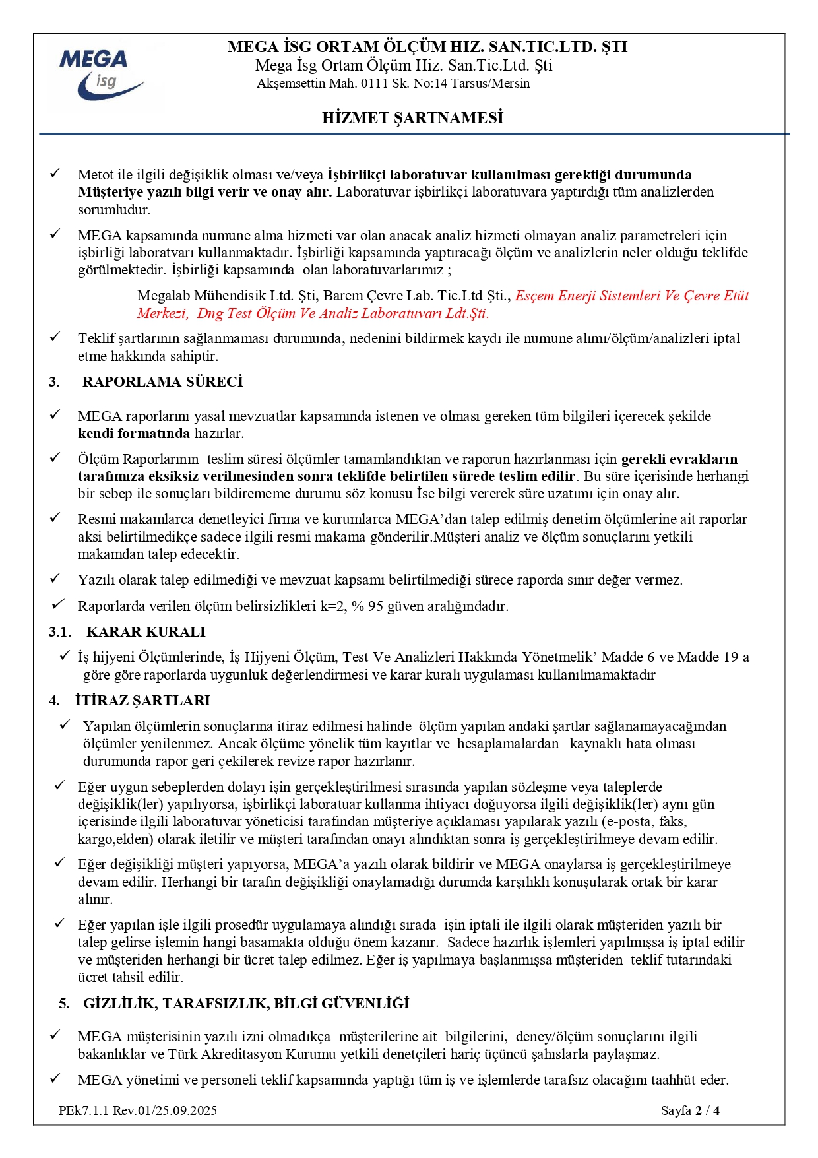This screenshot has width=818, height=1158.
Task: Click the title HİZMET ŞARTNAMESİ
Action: [412, 118]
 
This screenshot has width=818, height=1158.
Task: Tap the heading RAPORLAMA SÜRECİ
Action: [162, 382]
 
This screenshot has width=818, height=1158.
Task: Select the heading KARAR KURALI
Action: [146, 632]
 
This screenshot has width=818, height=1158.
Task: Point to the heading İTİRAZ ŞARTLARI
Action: [142, 701]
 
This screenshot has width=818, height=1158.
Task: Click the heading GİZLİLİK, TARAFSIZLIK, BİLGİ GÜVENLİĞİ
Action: [246, 1004]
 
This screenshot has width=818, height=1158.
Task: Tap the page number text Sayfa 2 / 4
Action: [690, 1110]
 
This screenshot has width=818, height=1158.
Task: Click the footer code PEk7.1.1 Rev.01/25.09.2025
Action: [137, 1110]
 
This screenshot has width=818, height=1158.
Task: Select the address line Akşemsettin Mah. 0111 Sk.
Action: [393, 84]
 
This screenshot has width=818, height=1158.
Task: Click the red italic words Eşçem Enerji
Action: [555, 296]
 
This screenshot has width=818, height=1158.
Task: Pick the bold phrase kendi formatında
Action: [134, 434]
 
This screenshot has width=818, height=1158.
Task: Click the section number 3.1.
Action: [60, 632]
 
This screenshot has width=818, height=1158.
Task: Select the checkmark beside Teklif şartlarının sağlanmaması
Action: [55, 337]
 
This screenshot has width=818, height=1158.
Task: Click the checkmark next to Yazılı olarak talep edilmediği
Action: [55, 579]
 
